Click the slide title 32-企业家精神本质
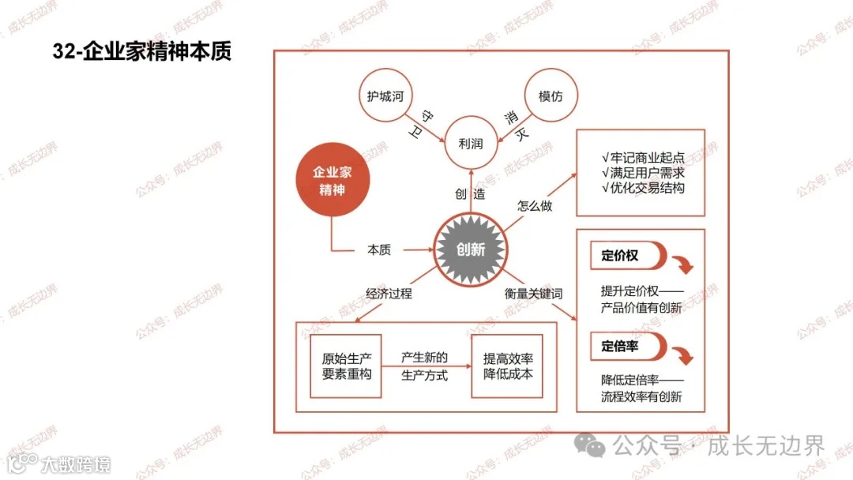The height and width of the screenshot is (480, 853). coord(142,52)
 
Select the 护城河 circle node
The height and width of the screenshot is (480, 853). coord(385,96)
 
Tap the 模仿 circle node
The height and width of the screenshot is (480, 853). coord(551,96)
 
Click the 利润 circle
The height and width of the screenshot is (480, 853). coord(471,144)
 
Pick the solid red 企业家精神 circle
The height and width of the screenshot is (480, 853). coord(329,181)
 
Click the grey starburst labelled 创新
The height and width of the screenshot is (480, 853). coord(471,249)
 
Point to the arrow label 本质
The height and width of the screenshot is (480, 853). coord(379,249)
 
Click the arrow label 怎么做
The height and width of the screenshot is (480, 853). coord(535,206)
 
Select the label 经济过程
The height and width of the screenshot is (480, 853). coord(389,293)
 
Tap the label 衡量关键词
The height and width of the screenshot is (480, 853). coord(534,293)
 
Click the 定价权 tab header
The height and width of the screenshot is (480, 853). coord(621,256)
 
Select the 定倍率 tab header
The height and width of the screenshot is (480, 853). coord(621,345)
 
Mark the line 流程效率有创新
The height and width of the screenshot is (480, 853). coord(641,396)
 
